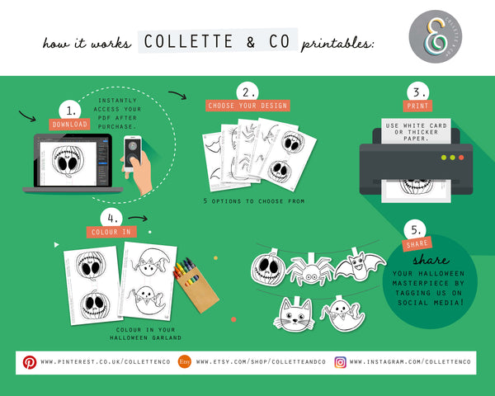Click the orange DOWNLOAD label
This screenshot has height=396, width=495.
pos(69,124)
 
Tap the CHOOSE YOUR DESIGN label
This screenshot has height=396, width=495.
pos(247,106)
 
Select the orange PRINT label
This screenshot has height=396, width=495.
pos(417,106)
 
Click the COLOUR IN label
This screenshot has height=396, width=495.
pos(111,232)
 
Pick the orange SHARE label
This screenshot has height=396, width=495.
pos(417,244)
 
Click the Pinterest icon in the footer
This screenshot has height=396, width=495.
pos(30,362)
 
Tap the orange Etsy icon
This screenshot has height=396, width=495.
pos(185,361)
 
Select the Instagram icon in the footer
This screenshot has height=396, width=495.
pos(340,362)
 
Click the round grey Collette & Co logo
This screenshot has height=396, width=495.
pos(436,36)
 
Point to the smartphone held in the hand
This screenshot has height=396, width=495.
pos(133,153)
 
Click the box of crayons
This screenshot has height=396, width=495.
pos(195,285)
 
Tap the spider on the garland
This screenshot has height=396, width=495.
pos(311,270)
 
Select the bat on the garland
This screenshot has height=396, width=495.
pos(360,265)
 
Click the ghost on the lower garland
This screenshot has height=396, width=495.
pos(342,313)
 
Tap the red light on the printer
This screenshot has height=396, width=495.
pos(461,158)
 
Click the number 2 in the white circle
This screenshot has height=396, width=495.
pos(247,92)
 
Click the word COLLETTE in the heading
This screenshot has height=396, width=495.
pos(188,41)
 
